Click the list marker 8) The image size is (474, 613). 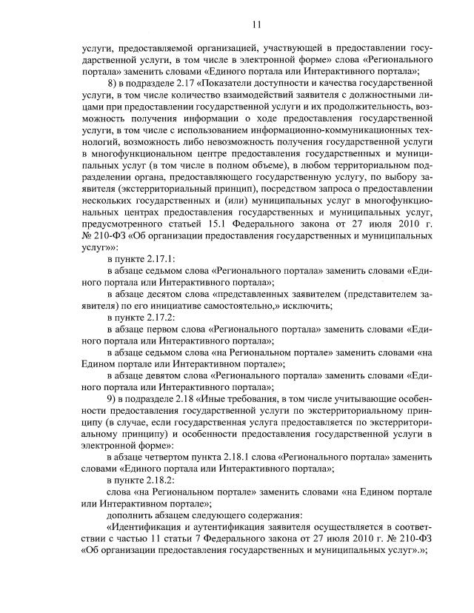(x=113, y=83)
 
